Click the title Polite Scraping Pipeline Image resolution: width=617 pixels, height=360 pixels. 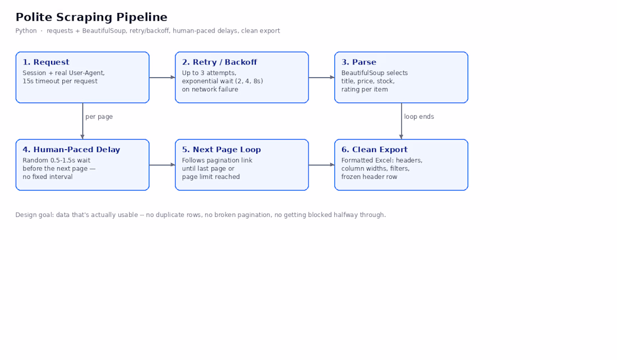click(91, 17)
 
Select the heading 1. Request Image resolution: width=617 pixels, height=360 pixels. click(45, 62)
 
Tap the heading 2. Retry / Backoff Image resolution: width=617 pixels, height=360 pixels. click(219, 62)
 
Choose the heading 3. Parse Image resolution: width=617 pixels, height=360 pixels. click(358, 62)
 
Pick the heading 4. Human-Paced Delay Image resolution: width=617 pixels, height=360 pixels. click(71, 150)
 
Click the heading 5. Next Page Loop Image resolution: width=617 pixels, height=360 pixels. click(221, 150)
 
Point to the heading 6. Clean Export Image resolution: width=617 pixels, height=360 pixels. click(374, 150)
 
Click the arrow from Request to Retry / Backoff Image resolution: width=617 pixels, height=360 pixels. click(162, 77)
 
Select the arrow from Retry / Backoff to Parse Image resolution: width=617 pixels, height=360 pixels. click(321, 77)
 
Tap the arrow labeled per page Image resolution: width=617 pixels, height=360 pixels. click(82, 121)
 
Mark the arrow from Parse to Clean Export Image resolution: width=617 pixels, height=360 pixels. click(402, 121)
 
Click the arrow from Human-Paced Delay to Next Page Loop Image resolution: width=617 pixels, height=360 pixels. click(162, 165)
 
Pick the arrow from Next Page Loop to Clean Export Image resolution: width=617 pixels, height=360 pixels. click(321, 165)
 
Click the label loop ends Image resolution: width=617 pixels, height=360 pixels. click(418, 117)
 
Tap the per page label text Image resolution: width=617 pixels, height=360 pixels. click(99, 117)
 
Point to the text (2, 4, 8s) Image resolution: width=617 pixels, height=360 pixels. click(249, 81)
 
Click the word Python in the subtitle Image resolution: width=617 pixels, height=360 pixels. click(26, 31)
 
